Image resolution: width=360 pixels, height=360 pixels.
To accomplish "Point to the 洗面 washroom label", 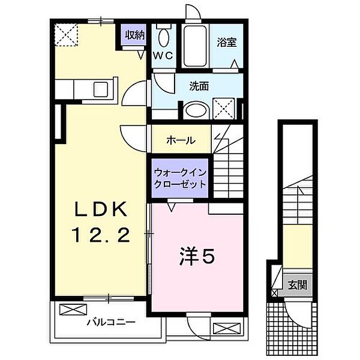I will [200, 86].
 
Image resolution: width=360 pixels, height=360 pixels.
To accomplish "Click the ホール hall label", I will [180, 140].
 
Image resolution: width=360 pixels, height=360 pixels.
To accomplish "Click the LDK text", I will [100, 210].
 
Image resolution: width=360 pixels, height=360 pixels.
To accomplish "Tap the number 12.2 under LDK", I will [100, 236].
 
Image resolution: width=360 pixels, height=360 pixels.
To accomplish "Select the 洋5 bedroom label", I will [195, 257].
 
